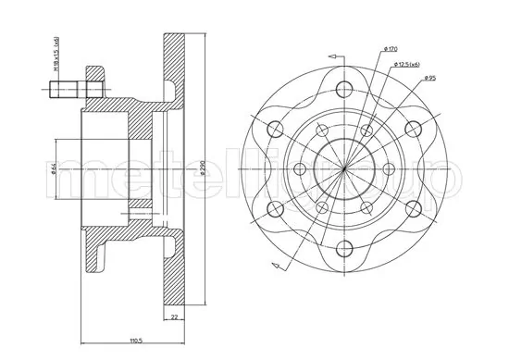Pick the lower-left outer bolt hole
tap(275, 207)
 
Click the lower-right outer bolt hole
tap(412, 207)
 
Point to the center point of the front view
tap(343, 168)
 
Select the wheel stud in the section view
tap(71, 91)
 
